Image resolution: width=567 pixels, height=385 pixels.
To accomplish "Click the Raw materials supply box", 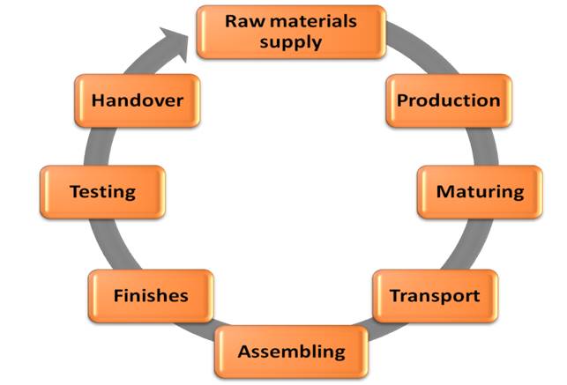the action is [292, 32].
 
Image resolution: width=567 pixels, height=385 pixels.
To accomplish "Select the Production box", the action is [449, 100].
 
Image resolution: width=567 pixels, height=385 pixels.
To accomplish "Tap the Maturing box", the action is [480, 192].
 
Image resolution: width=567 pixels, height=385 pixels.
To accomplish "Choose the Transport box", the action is [436, 296].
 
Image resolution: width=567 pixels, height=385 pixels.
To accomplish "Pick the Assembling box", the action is [292, 352].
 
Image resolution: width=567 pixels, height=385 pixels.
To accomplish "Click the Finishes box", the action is [151, 296].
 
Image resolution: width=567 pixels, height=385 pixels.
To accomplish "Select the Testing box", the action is [102, 192].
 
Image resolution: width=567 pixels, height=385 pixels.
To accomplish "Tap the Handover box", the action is [138, 100].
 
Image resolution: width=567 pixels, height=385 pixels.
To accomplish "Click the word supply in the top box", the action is [291, 42].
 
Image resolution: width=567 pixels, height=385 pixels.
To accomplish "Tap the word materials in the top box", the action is [313, 21].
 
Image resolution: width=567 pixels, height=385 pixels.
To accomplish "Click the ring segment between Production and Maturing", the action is [484, 146].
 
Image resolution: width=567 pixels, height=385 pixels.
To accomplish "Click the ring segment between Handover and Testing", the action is [97, 146].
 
